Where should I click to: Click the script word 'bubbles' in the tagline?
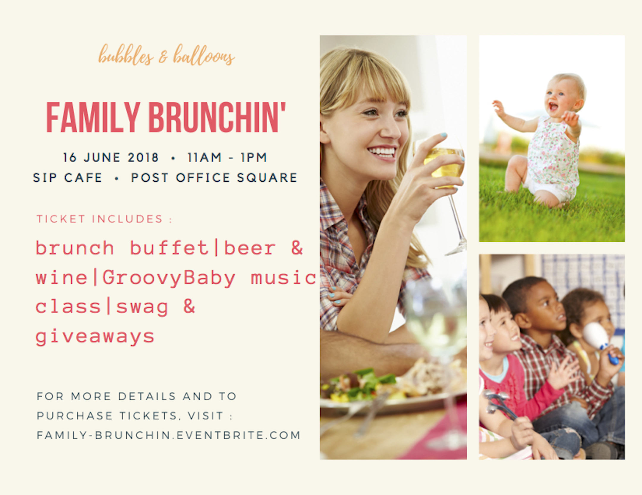click(126, 55)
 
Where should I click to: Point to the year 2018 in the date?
click(143, 157)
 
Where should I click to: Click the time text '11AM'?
click(204, 157)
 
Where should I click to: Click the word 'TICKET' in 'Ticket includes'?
click(61, 219)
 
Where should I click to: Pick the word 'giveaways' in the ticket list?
click(95, 337)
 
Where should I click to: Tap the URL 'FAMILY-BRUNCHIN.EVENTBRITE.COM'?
click(169, 435)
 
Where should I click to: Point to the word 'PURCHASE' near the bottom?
click(75, 416)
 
